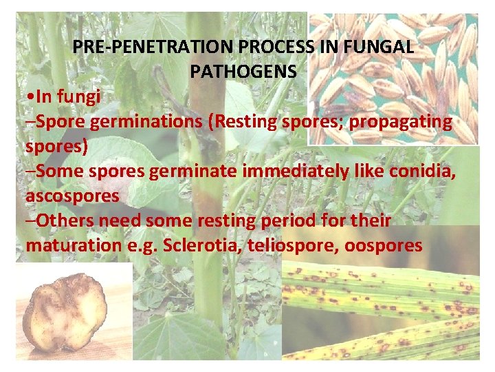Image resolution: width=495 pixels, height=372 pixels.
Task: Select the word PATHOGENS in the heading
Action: pos(243,71)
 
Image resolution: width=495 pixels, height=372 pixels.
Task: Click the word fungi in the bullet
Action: pos(80,96)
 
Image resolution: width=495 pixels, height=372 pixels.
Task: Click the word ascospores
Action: pos(72,196)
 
